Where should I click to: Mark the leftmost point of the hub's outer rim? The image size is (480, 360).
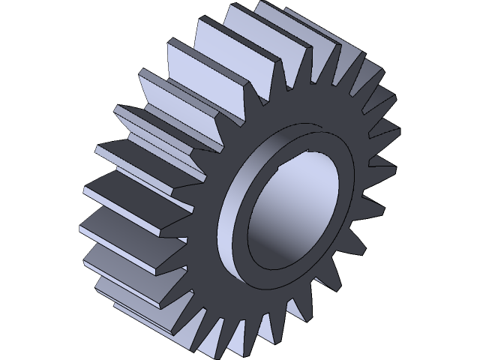(219, 225)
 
